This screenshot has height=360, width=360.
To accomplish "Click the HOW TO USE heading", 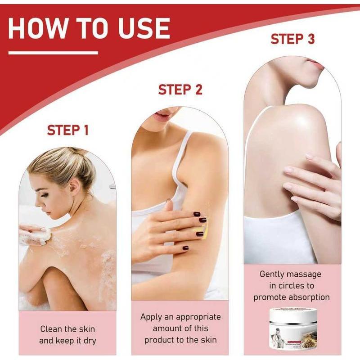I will click(x=89, y=28).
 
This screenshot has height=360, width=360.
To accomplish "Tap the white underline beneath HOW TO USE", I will click(x=53, y=53).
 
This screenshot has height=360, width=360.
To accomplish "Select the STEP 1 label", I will click(x=68, y=130).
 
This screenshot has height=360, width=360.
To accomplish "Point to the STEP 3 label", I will click(x=292, y=39).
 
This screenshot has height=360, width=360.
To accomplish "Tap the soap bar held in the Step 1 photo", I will click(x=44, y=234).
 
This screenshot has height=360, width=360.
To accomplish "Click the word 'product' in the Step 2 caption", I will click(x=161, y=340).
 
